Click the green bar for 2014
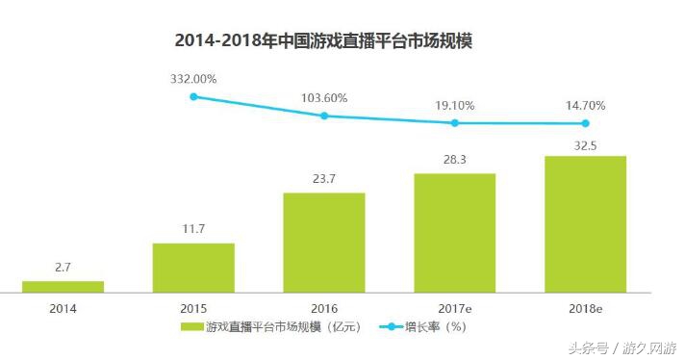[63, 286]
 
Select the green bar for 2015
[193, 267]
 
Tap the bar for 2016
[324, 242]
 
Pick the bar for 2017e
[455, 232]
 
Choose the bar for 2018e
[585, 223]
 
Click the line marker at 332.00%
[193, 96]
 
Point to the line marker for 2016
[324, 116]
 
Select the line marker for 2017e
[455, 123]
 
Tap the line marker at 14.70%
[585, 123]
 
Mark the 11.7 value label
[193, 229]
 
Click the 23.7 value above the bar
[324, 179]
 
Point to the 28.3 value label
[455, 160]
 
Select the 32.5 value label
[585, 142]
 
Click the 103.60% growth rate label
[324, 97]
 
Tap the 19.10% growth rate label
[455, 105]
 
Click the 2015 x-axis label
[193, 308]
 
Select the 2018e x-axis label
[585, 308]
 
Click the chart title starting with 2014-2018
[328, 40]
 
